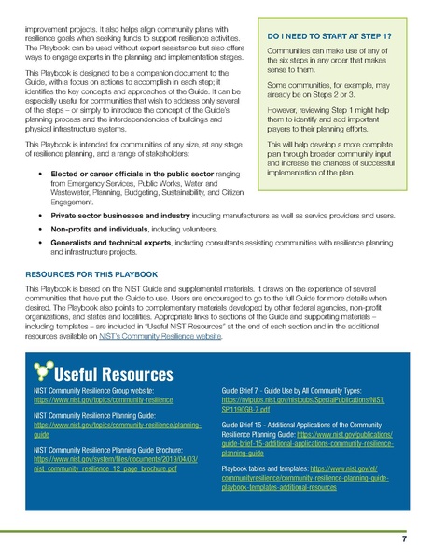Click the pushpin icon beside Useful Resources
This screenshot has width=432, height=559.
point(42,371)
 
